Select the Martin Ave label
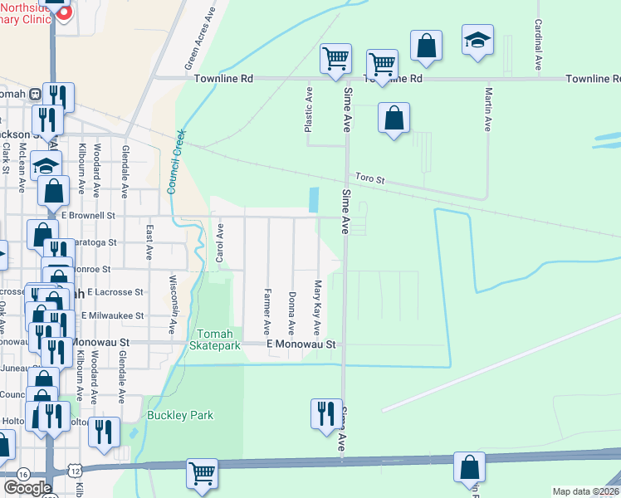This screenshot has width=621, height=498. click(x=489, y=110)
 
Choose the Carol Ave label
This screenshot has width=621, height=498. click(x=220, y=243)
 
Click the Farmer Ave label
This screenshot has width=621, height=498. click(x=267, y=306)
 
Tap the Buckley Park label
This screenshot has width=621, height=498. click(x=180, y=415)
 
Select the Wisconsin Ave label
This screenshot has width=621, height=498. click(x=174, y=304)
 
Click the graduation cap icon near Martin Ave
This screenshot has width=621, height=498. click(x=477, y=41)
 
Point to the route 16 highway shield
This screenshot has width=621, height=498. click(x=22, y=472)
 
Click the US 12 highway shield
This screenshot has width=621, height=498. click(x=76, y=471)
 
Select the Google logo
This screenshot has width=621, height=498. click(x=27, y=488)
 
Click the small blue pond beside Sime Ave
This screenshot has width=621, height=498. click(x=314, y=199)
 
